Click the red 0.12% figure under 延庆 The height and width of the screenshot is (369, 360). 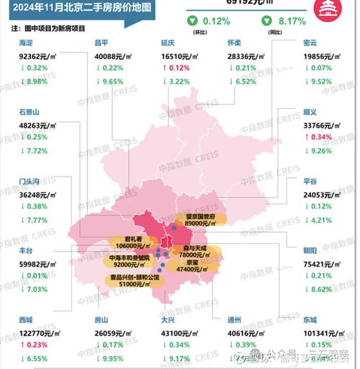179,67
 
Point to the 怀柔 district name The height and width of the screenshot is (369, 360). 235,43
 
